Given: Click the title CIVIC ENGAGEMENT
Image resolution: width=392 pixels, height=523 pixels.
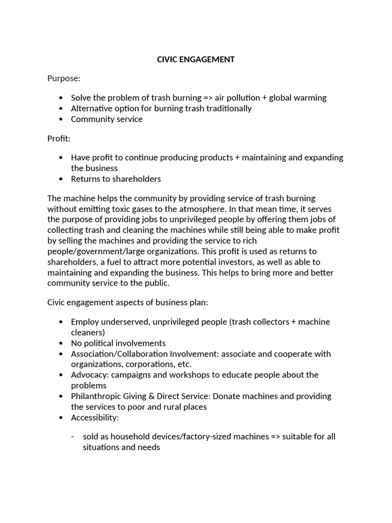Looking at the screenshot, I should click(x=196, y=59).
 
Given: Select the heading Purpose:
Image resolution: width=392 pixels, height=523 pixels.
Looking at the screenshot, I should click(x=64, y=79).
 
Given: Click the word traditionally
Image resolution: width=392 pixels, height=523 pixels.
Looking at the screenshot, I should click(x=227, y=108).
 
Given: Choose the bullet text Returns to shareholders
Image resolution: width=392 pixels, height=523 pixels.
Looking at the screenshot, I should click(x=116, y=179).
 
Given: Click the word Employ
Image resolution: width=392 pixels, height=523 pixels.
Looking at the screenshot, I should click(x=84, y=322).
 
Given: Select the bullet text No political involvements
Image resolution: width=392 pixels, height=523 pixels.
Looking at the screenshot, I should click(x=118, y=343).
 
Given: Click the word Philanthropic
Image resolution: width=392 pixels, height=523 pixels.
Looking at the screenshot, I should click(x=97, y=396).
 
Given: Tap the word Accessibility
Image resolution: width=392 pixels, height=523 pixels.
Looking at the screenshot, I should click(x=94, y=418).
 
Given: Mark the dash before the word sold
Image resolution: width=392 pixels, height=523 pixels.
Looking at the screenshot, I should click(x=73, y=437).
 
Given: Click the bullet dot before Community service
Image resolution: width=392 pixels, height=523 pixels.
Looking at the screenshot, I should click(x=61, y=120).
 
